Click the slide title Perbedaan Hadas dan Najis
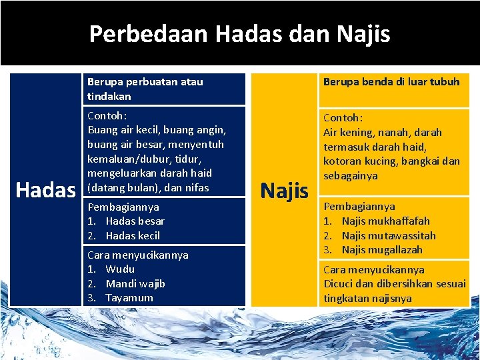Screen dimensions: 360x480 [x=239, y=33]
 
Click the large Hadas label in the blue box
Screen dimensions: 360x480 [x=45, y=190]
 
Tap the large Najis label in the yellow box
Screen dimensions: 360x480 [x=285, y=190]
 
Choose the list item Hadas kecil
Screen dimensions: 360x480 [x=133, y=235]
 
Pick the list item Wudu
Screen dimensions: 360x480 [x=120, y=269]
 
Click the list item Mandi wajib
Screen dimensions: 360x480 [x=135, y=283]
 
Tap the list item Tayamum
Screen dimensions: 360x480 [x=129, y=298]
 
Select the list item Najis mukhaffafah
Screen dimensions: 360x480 [x=386, y=221]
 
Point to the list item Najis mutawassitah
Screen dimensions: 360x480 [x=389, y=235]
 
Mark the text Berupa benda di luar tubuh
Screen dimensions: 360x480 [x=391, y=82]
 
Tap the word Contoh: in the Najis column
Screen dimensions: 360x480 [x=343, y=117]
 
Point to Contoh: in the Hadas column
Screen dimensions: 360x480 [x=107, y=115]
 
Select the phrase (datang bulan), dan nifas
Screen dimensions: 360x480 [x=148, y=187]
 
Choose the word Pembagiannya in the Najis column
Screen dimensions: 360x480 [x=359, y=207]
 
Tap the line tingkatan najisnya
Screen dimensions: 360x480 [x=367, y=298]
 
